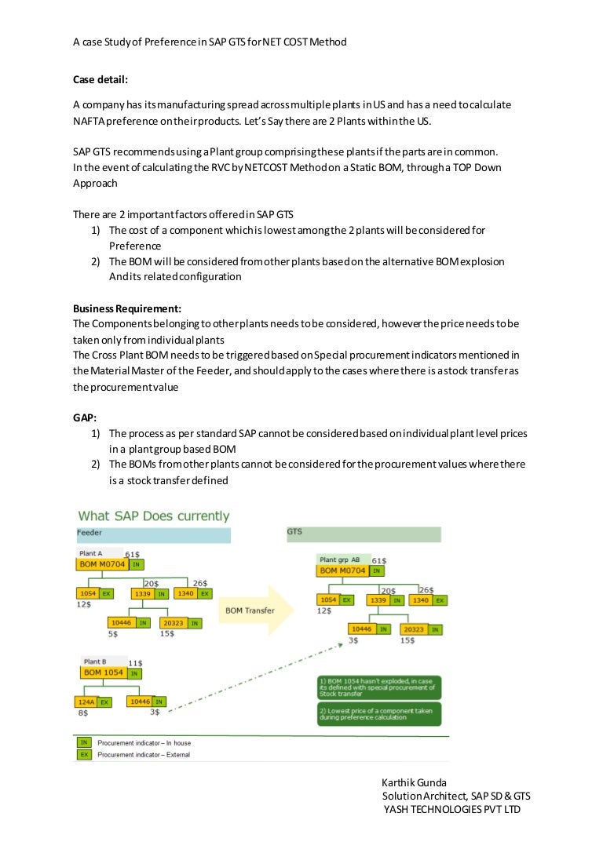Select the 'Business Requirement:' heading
point(127,308)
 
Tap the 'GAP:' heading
point(86,417)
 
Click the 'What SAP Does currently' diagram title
point(153,516)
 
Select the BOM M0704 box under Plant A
point(102,564)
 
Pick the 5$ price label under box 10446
point(113,634)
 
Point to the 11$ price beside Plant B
point(135,663)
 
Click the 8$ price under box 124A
point(82,713)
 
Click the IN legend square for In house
point(83,742)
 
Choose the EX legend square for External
point(83,754)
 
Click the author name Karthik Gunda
point(413,783)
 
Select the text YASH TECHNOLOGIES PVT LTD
point(451,809)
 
